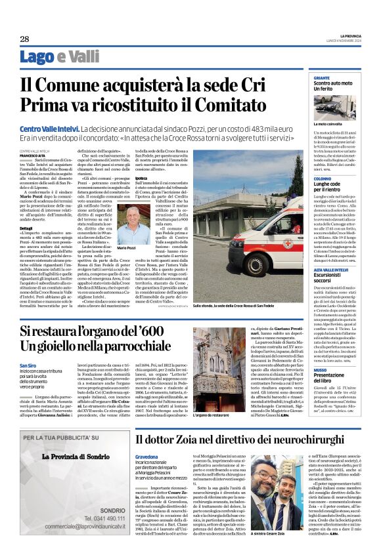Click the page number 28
pos(24,39)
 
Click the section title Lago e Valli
pos(60,57)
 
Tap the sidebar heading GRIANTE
pos(322,78)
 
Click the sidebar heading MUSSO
pos(321,371)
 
